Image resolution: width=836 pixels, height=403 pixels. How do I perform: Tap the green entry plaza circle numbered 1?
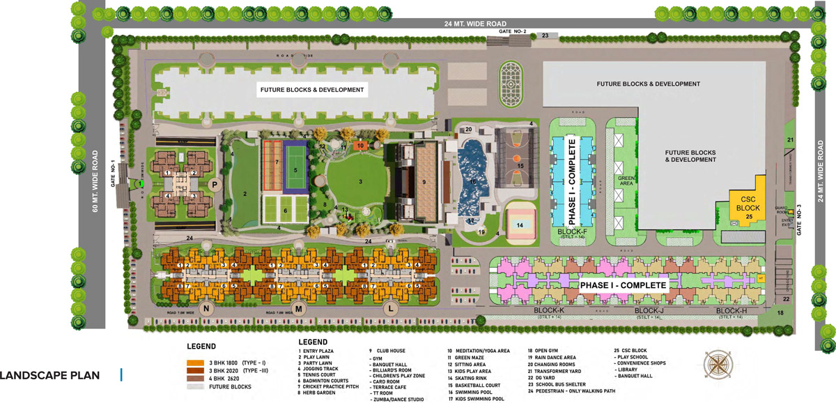tap(141, 183)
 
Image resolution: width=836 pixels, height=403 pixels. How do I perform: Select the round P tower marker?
tap(216, 184)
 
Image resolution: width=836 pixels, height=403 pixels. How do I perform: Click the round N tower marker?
tap(206, 309)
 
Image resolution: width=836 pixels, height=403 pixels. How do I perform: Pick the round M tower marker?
tap(299, 309)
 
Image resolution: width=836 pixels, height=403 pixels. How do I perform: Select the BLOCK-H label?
tap(731, 310)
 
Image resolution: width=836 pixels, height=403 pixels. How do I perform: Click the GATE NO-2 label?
tap(511, 32)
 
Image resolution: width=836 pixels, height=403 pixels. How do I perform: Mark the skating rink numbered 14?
tap(520, 225)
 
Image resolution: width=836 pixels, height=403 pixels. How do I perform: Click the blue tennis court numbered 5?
tap(295, 169)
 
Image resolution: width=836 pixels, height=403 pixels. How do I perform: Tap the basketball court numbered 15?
tap(520, 165)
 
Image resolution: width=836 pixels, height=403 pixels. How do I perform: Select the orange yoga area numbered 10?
tap(359, 146)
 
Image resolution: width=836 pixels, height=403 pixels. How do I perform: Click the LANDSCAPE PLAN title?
tap(50, 376)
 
